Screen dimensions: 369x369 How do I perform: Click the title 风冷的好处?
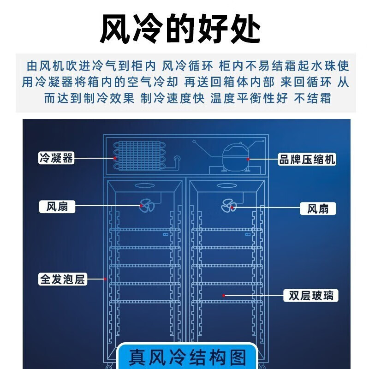point(180,29)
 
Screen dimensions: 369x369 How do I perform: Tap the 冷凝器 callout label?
point(56,158)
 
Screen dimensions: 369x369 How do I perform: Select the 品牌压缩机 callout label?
point(307,159)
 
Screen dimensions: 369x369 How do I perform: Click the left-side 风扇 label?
point(57,207)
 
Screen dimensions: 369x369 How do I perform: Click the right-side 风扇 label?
point(318,208)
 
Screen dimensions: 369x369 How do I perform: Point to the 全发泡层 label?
point(63,279)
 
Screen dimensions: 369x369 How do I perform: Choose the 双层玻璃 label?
point(311,296)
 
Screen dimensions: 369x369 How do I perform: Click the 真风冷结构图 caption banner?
point(186,357)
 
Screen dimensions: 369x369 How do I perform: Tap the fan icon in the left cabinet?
point(147,205)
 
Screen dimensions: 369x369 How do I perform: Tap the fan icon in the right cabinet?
point(229,206)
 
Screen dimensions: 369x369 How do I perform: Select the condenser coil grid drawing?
point(139,155)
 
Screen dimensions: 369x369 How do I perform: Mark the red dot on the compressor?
point(248,159)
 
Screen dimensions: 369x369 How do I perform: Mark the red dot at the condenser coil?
point(115,158)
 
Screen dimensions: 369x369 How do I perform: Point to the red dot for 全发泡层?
point(105,279)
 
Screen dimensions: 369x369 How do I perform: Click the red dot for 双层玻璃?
point(224,296)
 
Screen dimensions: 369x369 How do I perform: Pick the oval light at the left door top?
point(145,186)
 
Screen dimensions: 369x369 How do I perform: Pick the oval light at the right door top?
point(227,186)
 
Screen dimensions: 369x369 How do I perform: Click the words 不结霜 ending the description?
point(313,98)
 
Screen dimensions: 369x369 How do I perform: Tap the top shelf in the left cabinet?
point(145,230)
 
